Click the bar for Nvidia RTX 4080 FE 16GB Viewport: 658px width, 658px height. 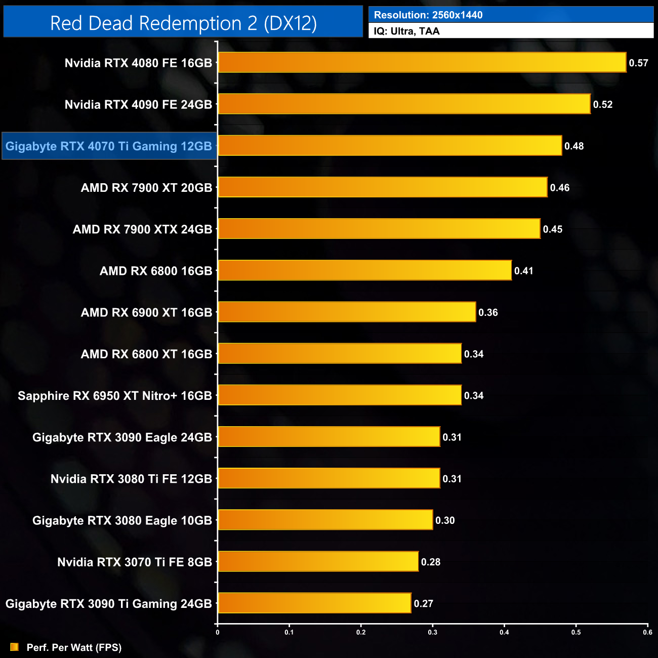point(422,62)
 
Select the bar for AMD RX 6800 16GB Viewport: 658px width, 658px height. point(364,270)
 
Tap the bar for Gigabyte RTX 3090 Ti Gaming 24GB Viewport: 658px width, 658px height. point(314,603)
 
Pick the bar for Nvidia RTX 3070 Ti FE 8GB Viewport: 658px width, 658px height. point(318,561)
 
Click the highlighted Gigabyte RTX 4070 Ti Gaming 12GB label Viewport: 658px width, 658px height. point(109,146)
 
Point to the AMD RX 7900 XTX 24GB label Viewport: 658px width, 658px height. point(142,229)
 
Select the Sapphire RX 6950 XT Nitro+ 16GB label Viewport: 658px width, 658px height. point(115,396)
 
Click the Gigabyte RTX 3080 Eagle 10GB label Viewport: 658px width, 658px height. point(122,520)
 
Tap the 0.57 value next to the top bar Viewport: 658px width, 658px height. point(638,63)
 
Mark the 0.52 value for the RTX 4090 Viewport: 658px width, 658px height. point(603,104)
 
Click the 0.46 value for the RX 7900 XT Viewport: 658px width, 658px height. point(560,188)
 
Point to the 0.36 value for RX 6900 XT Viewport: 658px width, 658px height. point(488,312)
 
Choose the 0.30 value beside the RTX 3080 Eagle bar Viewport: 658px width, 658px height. point(445,520)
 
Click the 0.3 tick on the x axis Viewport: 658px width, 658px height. point(433,632)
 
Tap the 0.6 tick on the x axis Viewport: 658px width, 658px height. point(647,632)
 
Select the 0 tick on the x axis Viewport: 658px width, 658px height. point(218,632)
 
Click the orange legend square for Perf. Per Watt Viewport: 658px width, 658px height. point(14,647)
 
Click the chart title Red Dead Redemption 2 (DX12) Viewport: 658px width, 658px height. point(183,23)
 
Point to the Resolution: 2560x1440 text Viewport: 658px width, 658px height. point(428,15)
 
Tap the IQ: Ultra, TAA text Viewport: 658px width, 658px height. point(406,31)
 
